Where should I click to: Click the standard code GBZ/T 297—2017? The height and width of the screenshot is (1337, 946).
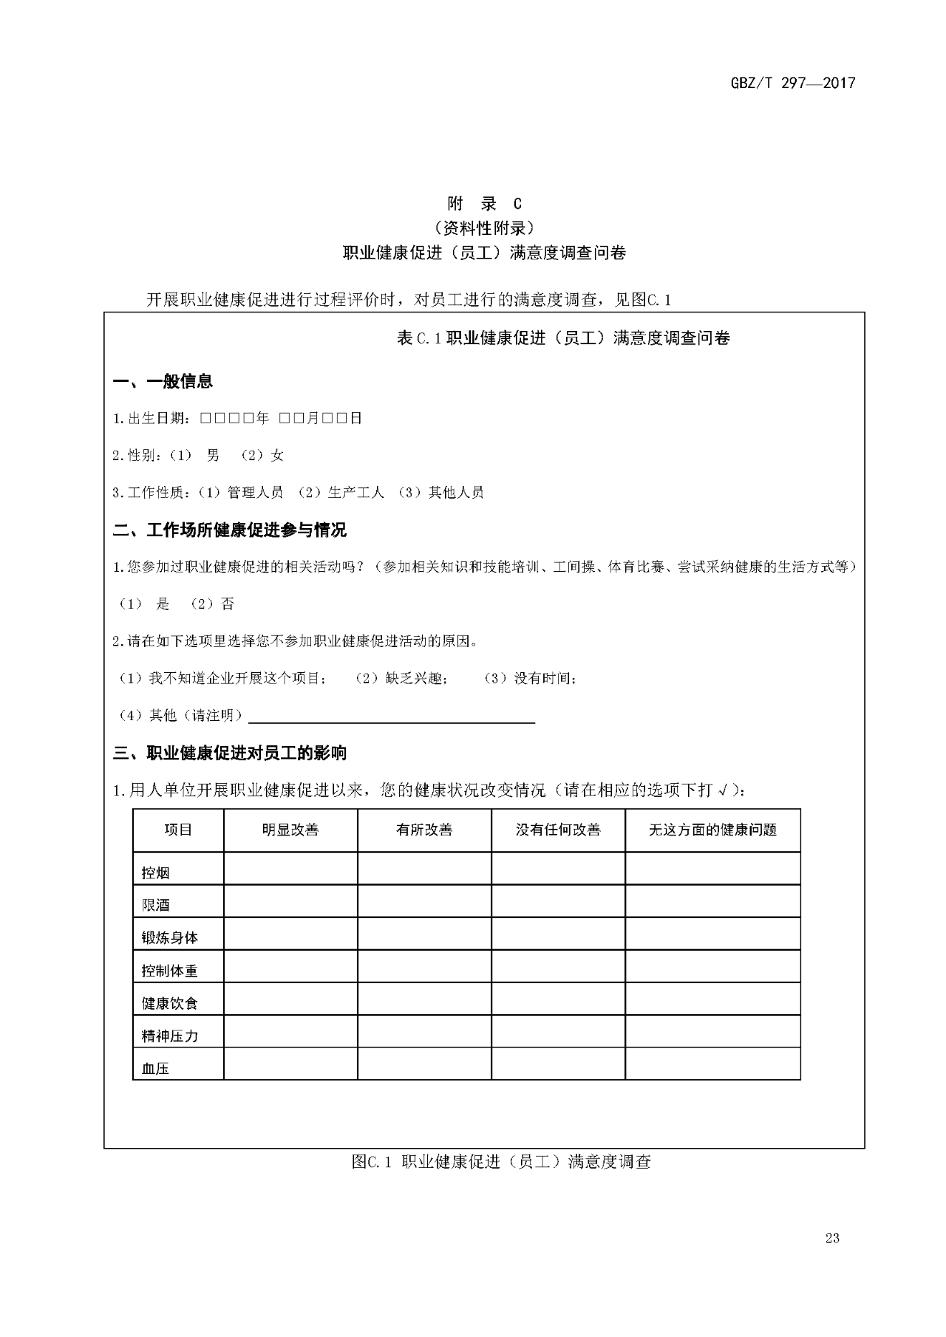coord(793,83)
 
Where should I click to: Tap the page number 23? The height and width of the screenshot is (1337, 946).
coord(832,1238)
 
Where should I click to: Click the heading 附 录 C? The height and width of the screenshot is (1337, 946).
coord(484,204)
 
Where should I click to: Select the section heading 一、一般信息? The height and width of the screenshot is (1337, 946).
coord(163,382)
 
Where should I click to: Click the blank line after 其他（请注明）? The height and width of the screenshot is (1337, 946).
coord(392,715)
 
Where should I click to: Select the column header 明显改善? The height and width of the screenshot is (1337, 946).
coord(290,830)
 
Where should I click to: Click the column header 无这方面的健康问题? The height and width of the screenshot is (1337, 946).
coord(712,830)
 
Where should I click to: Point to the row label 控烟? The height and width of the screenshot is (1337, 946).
coord(156,872)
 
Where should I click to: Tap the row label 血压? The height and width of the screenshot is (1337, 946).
coord(156,1068)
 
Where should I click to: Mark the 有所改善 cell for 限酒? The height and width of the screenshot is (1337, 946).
coord(424,901)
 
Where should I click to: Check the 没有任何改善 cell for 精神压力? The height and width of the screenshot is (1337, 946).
coord(558,1031)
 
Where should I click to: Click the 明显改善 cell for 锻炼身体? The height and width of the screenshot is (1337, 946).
coord(290,934)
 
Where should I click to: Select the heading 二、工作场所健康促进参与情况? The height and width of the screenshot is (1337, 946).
coord(229,530)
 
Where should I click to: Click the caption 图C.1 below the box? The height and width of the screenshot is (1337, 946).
coord(501,1162)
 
